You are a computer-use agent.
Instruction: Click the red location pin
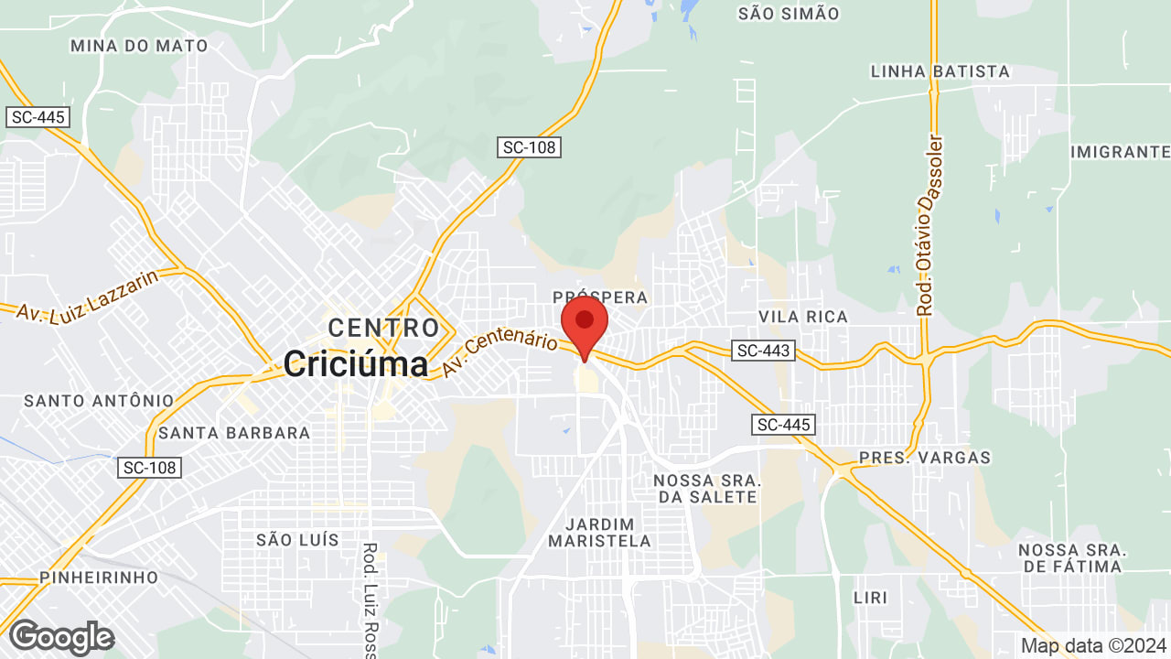click(x=585, y=324)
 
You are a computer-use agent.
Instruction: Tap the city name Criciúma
click(x=355, y=364)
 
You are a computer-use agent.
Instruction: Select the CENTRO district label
click(x=383, y=327)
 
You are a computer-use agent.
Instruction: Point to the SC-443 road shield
click(x=764, y=350)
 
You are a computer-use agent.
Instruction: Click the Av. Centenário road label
click(x=500, y=353)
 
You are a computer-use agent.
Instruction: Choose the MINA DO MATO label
click(x=139, y=45)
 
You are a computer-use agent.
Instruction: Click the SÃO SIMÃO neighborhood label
click(x=788, y=13)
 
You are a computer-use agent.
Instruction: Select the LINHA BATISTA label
click(x=940, y=71)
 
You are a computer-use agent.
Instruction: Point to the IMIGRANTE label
click(x=1120, y=151)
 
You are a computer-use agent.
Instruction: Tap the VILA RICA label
click(x=803, y=317)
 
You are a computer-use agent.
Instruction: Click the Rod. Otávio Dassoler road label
click(x=929, y=225)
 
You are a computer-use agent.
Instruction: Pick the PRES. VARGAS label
click(x=924, y=458)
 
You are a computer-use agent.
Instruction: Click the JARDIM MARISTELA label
click(x=599, y=533)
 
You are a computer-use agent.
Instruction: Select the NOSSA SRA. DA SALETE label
click(x=707, y=489)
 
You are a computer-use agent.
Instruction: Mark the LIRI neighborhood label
click(x=869, y=598)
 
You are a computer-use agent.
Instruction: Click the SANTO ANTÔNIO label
click(x=99, y=401)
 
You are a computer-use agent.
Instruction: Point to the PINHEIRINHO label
click(x=98, y=578)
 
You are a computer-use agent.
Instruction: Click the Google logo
click(x=61, y=637)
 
